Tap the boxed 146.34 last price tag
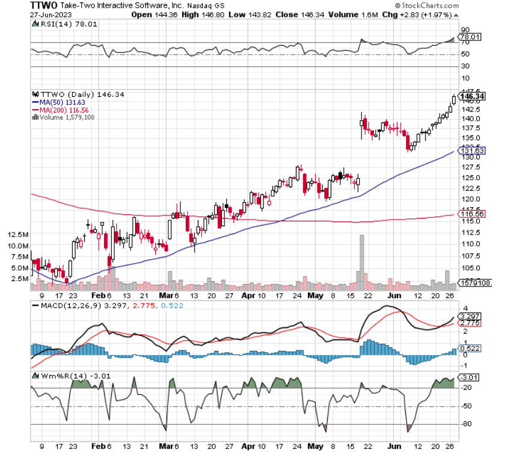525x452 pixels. tap(472, 96)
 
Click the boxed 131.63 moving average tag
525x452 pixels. tap(472, 150)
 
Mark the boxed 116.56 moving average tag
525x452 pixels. tap(472, 214)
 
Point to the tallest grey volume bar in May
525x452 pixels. tap(362, 258)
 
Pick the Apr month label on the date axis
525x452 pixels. tap(245, 295)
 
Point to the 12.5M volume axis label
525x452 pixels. tap(18, 234)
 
